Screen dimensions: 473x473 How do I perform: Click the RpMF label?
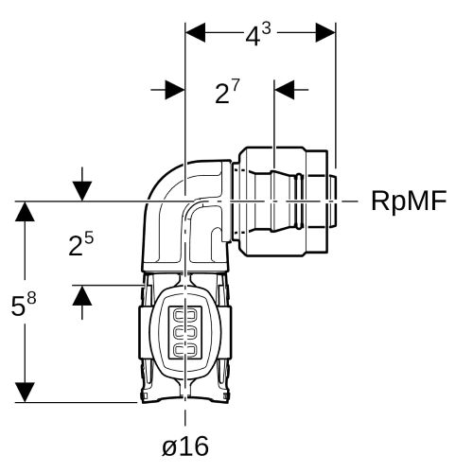(x=409, y=201)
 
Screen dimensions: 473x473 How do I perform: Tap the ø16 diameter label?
(x=185, y=446)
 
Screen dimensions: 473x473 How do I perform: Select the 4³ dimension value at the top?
(x=258, y=34)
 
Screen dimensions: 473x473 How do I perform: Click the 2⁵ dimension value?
(x=81, y=244)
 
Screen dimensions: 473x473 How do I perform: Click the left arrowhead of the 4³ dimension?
(x=196, y=32)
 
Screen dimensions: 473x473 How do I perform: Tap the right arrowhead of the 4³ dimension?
(x=325, y=32)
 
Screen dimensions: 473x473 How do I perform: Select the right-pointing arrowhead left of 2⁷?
(x=175, y=90)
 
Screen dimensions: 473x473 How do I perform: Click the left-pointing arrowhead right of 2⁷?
(x=285, y=90)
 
